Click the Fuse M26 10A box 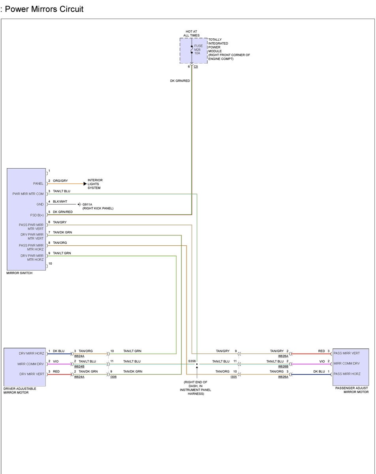click(194, 51)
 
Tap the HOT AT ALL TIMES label click(192, 34)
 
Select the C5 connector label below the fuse click(196, 67)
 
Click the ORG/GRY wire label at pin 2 click(60, 181)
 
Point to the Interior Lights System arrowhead click(85, 184)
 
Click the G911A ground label click(87, 204)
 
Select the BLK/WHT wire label click(60, 201)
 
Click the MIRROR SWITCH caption click(19, 273)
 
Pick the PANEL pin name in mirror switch click(38, 184)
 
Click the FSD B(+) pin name click(37, 215)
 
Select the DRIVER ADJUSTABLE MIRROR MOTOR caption click(20, 391)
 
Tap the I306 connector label click(113, 377)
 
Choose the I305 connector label click(234, 377)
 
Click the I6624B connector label click(79, 367)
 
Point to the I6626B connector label click(283, 367)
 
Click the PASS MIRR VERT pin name click(346, 353)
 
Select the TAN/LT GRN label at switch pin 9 click(62, 253)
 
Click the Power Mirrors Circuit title click(43, 9)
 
